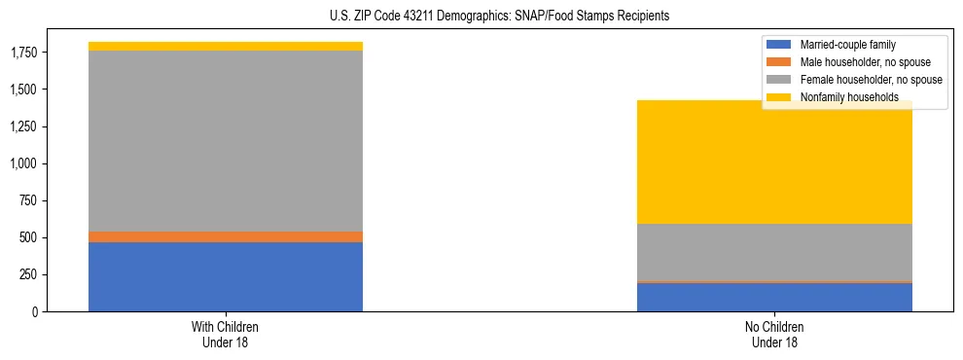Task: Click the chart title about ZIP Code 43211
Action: click(x=481, y=17)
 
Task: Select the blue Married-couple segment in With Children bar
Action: click(x=226, y=276)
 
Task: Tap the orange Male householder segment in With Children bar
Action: click(x=226, y=236)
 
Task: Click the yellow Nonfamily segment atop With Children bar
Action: click(x=226, y=46)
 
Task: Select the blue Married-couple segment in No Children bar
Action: click(x=774, y=297)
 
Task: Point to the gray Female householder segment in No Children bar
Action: click(x=774, y=253)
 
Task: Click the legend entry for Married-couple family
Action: click(x=847, y=45)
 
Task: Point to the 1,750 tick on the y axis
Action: click(x=24, y=53)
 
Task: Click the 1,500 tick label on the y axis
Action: click(x=24, y=90)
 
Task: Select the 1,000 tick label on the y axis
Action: click(x=24, y=163)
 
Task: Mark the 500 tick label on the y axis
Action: click(x=30, y=237)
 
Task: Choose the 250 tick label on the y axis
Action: click(x=30, y=274)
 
